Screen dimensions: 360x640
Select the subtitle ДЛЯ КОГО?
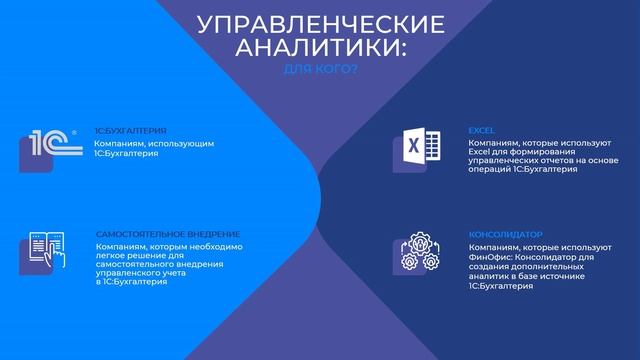[x=320, y=69]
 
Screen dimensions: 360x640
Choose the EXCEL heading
[x=481, y=131]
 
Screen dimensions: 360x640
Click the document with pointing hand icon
[x=44, y=250]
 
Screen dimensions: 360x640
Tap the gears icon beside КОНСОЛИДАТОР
[x=414, y=255]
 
